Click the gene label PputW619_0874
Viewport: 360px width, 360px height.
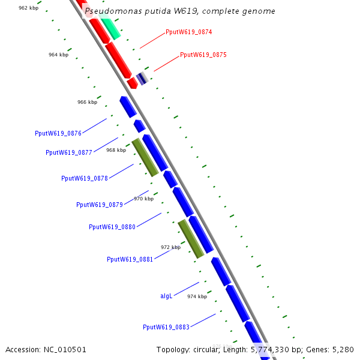tap(188, 32)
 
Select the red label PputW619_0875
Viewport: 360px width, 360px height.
tap(203, 55)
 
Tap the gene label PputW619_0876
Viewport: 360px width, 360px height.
tap(58, 133)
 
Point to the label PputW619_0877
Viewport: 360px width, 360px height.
tap(69, 152)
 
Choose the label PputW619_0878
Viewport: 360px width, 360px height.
tap(85, 178)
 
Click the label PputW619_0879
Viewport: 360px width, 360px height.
tap(100, 205)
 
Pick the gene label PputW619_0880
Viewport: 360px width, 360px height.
tap(112, 227)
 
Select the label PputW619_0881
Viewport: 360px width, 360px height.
tap(130, 259)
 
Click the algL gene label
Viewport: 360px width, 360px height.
tap(166, 296)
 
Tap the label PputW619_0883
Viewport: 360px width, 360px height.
tap(166, 327)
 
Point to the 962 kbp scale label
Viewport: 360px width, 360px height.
tap(29, 8)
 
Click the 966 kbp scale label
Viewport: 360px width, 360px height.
tap(87, 102)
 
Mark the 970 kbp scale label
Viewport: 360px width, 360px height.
tap(143, 199)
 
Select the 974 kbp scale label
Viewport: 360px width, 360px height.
tap(197, 296)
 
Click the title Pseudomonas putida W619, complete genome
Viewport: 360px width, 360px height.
tap(180, 11)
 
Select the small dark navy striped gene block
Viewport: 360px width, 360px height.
tap(142, 78)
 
